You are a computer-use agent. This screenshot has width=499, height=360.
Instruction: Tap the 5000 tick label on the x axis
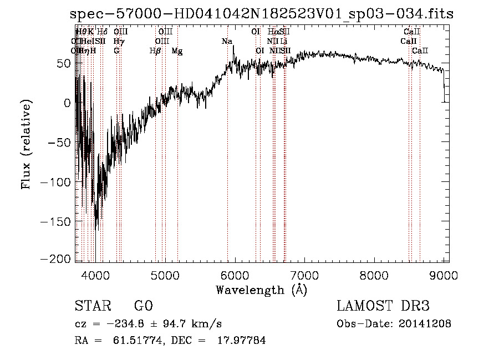coord(165,275)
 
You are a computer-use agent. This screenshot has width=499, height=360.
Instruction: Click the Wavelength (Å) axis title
coord(261,290)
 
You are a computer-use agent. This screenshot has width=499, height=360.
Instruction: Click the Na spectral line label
coord(227,42)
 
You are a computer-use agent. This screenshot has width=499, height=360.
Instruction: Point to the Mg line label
coord(177,51)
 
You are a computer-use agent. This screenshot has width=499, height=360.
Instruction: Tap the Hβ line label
coord(155,51)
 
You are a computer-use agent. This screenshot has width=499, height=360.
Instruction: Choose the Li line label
coord(283,42)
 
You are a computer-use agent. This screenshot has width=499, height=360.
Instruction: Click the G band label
coord(116,51)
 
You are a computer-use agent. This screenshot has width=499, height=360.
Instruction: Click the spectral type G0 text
coord(143,306)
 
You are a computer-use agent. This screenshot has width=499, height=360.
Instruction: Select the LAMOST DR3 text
coord(383,306)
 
